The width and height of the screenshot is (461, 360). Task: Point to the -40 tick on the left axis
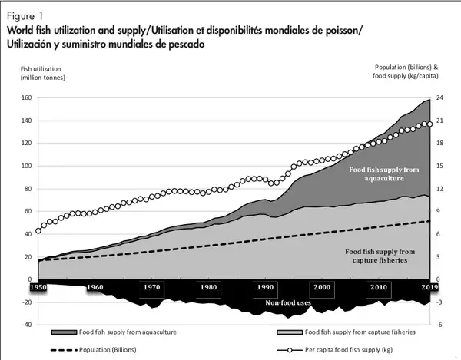25,325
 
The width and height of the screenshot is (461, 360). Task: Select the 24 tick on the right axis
439,98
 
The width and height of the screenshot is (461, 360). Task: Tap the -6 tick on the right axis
439,325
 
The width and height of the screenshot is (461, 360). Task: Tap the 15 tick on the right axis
439,167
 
